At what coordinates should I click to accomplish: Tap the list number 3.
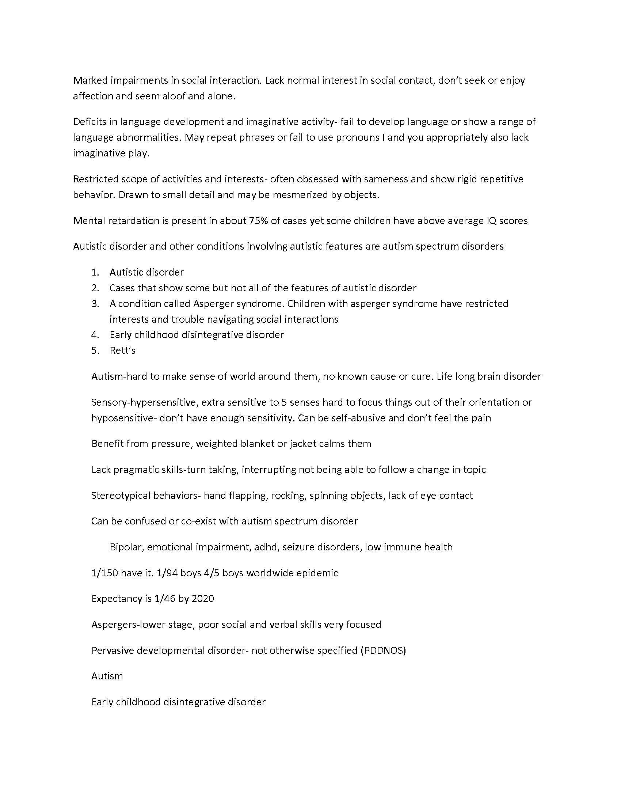(95, 304)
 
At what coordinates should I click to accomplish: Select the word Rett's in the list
(122, 350)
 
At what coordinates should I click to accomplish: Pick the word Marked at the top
(88, 80)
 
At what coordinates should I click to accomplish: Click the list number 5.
(95, 350)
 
